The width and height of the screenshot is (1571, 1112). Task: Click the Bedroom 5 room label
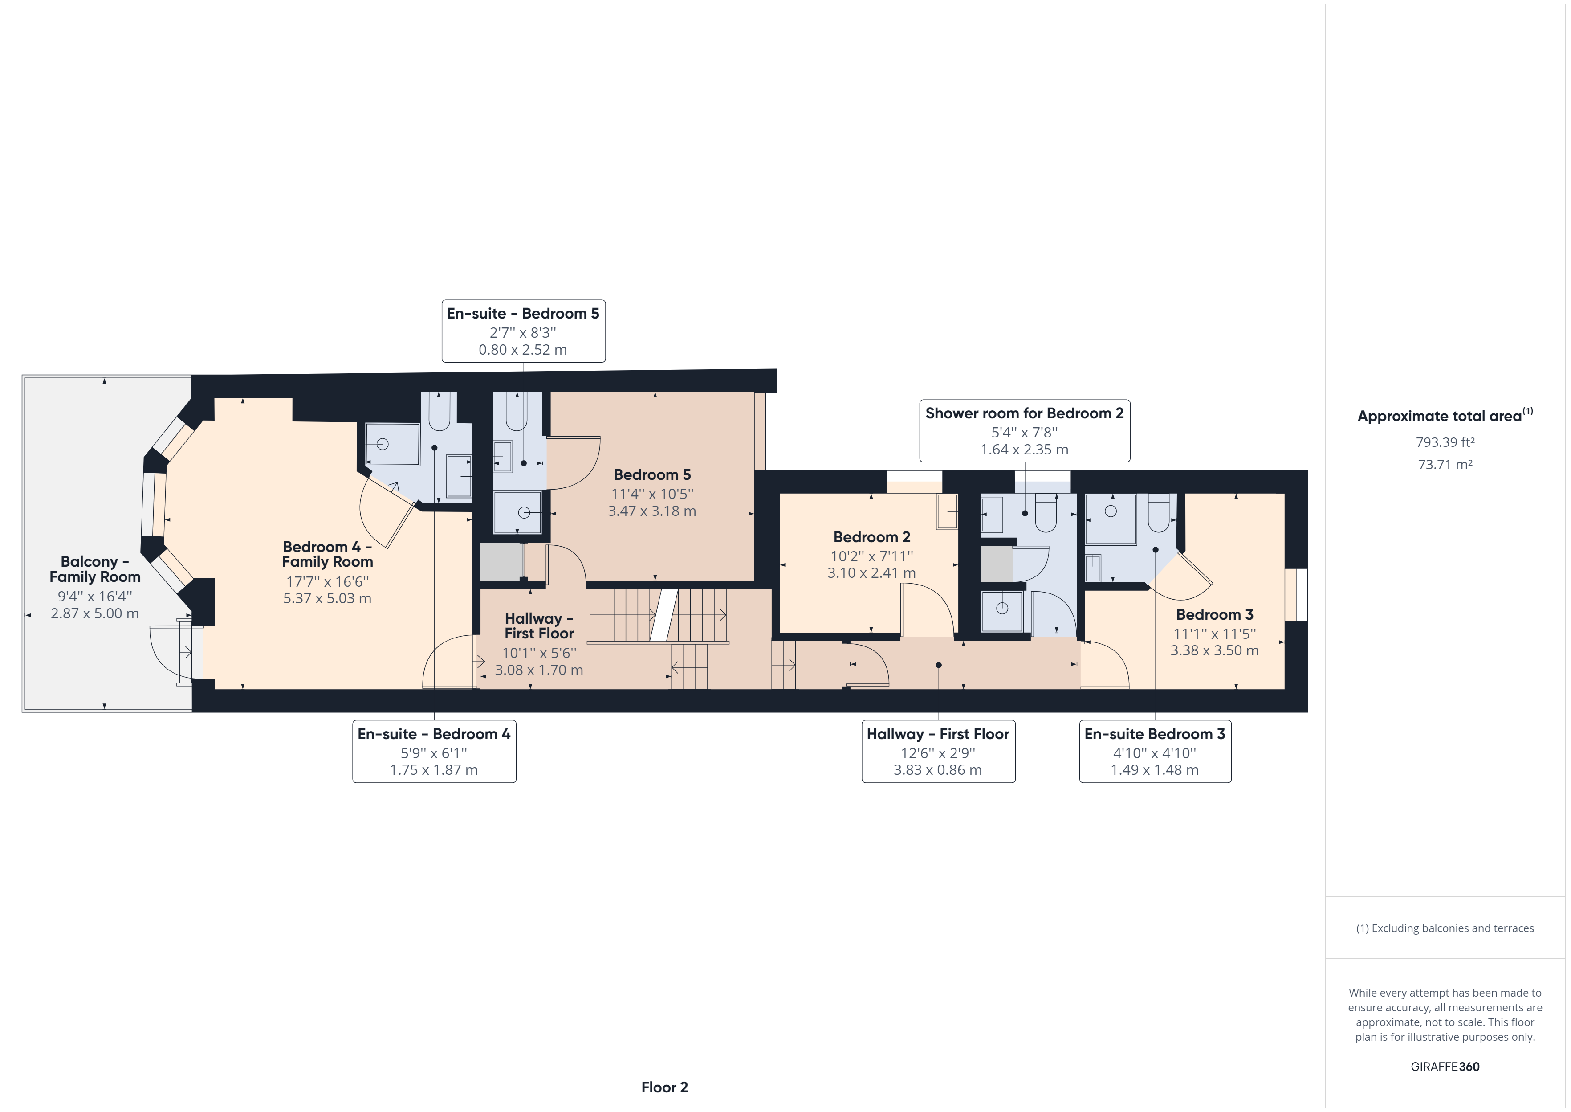point(652,474)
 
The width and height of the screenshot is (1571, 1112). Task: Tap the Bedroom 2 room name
point(872,537)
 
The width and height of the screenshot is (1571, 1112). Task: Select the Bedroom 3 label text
point(1214,614)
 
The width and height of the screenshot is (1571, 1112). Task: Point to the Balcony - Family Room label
point(95,569)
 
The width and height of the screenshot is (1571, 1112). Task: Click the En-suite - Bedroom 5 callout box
point(523,331)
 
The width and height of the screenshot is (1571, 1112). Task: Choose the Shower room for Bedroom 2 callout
point(1024,431)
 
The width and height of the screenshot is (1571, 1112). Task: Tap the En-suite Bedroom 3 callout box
point(1155,751)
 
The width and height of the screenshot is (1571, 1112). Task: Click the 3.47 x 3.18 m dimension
point(652,511)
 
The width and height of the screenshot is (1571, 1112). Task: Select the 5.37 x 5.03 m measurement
point(327,598)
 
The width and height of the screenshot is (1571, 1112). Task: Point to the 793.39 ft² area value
point(1445,442)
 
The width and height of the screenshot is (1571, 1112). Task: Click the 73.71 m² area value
point(1445,464)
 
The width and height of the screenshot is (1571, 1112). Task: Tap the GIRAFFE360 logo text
point(1445,1066)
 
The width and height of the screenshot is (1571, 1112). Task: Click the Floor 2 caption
point(664,1087)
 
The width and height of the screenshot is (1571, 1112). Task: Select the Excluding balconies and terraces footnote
point(1445,928)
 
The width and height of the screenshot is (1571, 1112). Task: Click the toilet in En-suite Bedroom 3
point(1158,512)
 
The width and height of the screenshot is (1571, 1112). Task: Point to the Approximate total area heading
point(1445,416)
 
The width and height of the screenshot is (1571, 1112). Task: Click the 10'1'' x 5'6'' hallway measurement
point(539,653)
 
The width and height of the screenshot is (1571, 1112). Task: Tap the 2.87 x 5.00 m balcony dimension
point(95,613)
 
